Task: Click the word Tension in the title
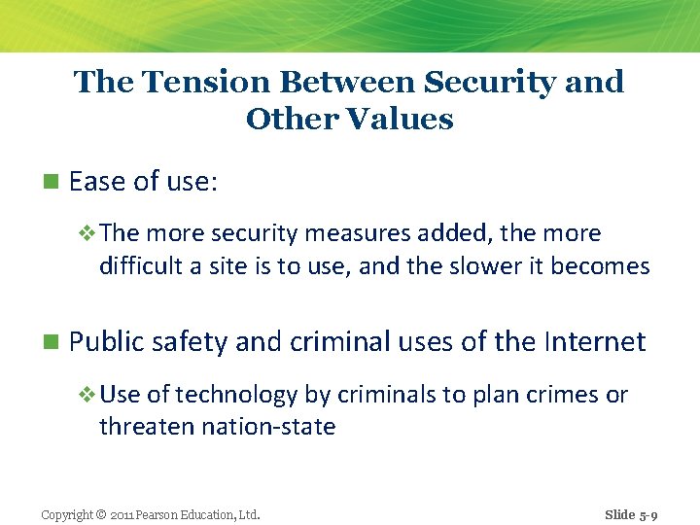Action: (184, 82)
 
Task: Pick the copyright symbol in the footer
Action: (100, 514)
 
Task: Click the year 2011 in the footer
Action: (123, 514)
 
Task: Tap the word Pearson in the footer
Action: (161, 514)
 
